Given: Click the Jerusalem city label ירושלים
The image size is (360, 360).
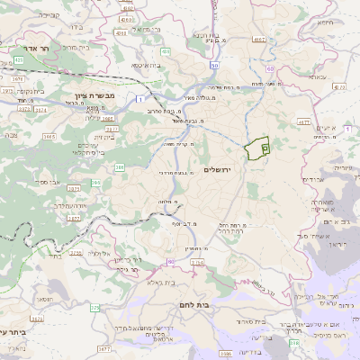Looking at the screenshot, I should point(218,169).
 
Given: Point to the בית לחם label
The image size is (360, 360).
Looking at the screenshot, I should point(214,305).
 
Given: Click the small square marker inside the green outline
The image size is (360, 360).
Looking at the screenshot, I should point(265,148).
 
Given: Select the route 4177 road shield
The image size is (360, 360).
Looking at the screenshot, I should point(303,120).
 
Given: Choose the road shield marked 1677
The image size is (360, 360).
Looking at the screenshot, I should point(104,346).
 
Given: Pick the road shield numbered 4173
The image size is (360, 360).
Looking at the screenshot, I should point(338,86).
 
